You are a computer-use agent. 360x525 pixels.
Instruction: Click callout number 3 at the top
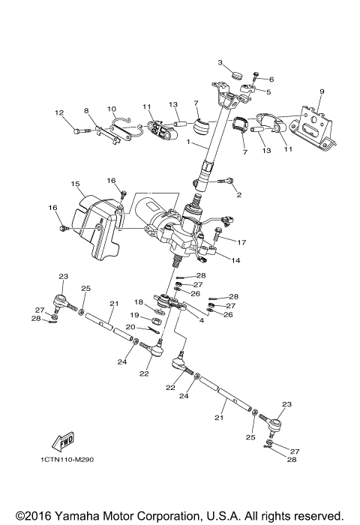221,61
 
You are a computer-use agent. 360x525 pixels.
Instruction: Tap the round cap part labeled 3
235,75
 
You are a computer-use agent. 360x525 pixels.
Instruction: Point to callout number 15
75,184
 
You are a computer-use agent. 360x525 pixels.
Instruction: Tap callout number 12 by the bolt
58,113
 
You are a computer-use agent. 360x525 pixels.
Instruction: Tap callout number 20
130,326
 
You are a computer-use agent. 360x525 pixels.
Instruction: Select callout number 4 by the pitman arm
201,320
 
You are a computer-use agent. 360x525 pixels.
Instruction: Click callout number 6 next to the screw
271,79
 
